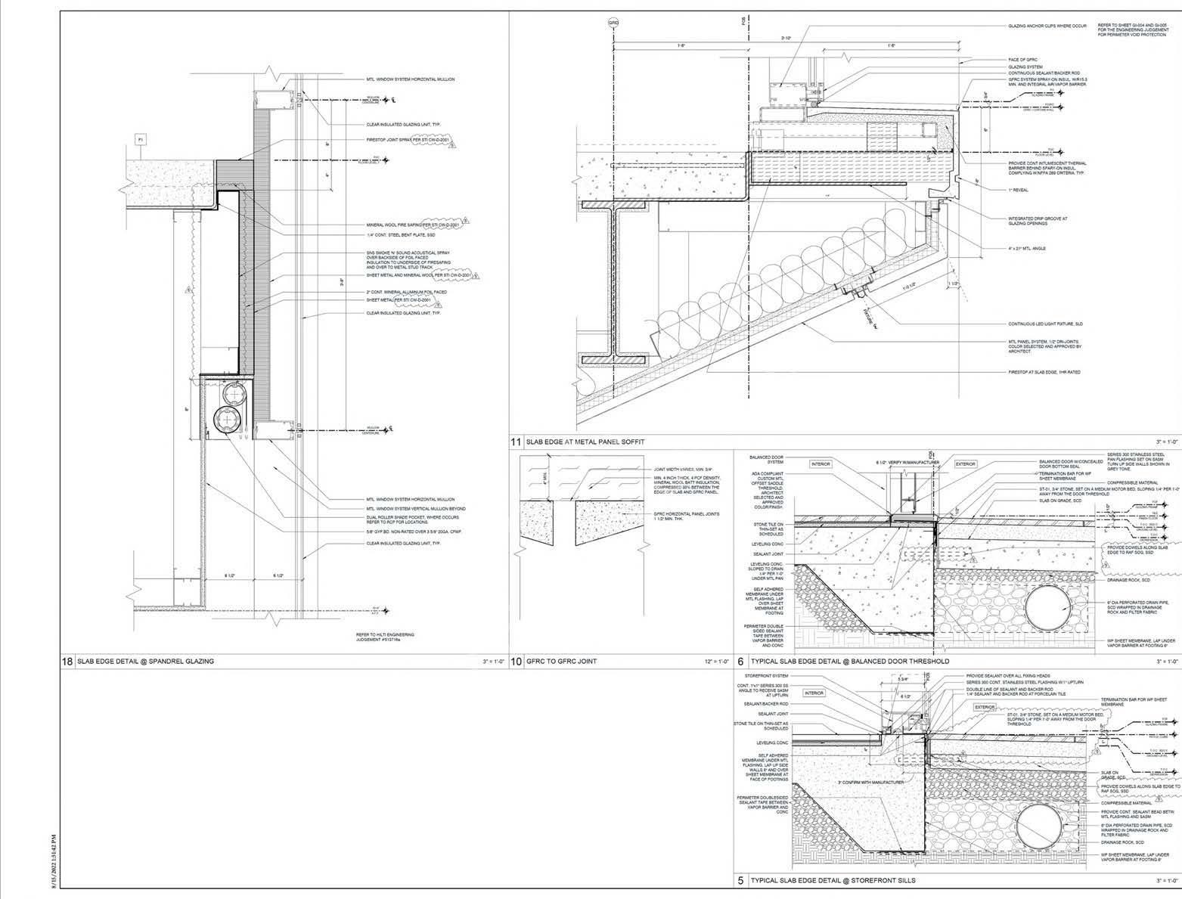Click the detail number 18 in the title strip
click(67, 661)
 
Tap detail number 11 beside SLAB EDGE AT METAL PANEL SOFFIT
click(517, 442)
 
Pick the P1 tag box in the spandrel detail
click(140, 139)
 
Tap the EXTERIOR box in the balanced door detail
click(966, 463)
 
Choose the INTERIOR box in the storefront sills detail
click(814, 693)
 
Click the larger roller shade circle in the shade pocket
click(228, 417)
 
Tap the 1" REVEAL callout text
click(1016, 191)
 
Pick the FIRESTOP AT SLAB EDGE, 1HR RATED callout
click(1043, 372)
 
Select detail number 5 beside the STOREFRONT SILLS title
click(741, 881)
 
